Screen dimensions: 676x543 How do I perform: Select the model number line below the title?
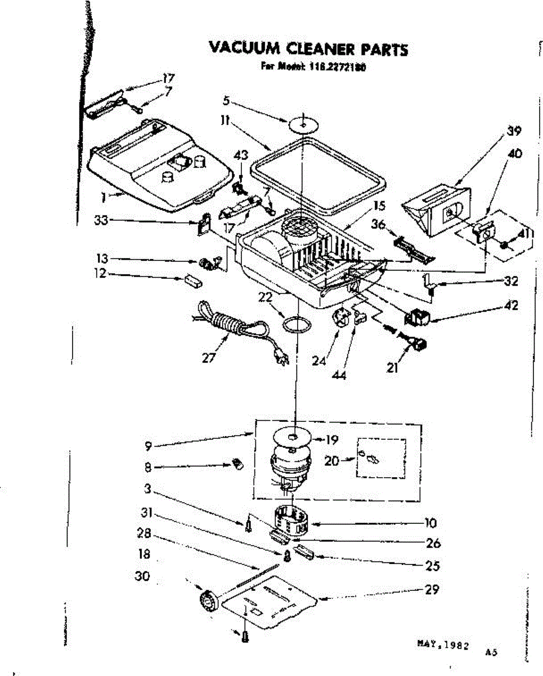[313, 66]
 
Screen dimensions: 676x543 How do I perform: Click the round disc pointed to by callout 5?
[303, 123]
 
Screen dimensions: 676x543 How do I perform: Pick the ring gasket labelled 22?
[297, 325]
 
